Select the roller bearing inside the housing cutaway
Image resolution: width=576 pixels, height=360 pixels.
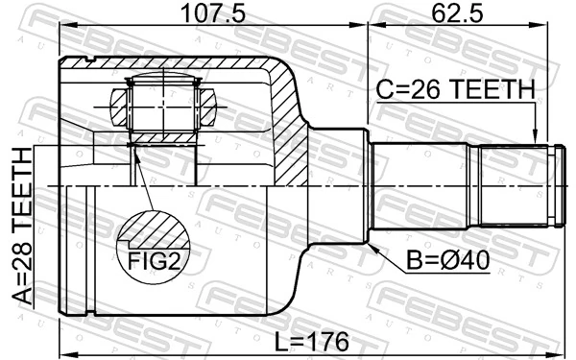(162, 108)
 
